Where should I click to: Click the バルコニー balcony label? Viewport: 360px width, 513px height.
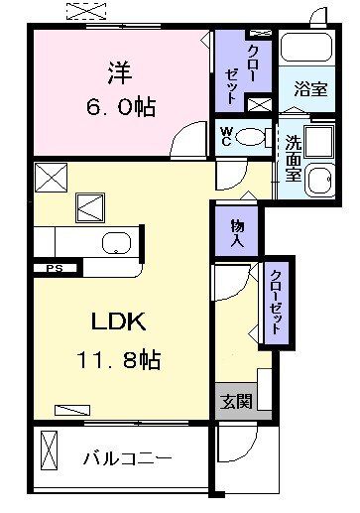[127, 458]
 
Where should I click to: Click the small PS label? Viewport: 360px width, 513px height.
[50, 268]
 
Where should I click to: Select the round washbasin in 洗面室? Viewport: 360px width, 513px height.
[320, 180]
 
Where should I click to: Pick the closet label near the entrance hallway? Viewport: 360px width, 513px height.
[277, 303]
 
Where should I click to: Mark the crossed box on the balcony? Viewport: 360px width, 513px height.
[47, 453]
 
